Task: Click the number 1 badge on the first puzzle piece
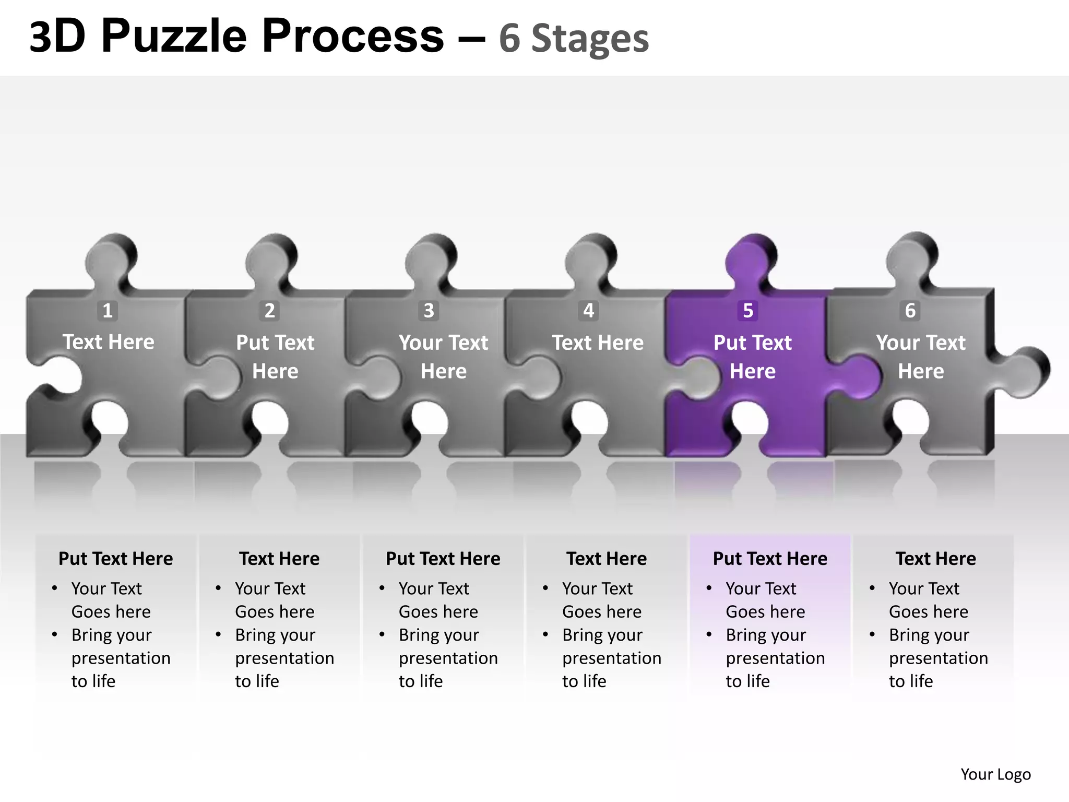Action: (108, 311)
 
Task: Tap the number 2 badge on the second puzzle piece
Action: (269, 311)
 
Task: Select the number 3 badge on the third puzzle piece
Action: (429, 311)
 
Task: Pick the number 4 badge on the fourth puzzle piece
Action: (588, 311)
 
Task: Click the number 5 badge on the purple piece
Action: (748, 311)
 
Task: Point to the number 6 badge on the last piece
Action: (910, 311)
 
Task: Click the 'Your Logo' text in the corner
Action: (995, 774)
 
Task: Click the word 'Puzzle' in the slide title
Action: (174, 37)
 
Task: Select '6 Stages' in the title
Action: (574, 39)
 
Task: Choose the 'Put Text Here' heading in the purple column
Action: (770, 559)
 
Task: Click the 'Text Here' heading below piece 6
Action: (935, 559)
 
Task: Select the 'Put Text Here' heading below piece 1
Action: (115, 559)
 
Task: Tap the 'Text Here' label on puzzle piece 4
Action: (598, 343)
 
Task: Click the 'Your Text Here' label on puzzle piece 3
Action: (443, 357)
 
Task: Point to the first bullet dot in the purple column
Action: (709, 588)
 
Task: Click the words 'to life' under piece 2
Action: (257, 681)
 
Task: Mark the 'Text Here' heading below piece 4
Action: (607, 559)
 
